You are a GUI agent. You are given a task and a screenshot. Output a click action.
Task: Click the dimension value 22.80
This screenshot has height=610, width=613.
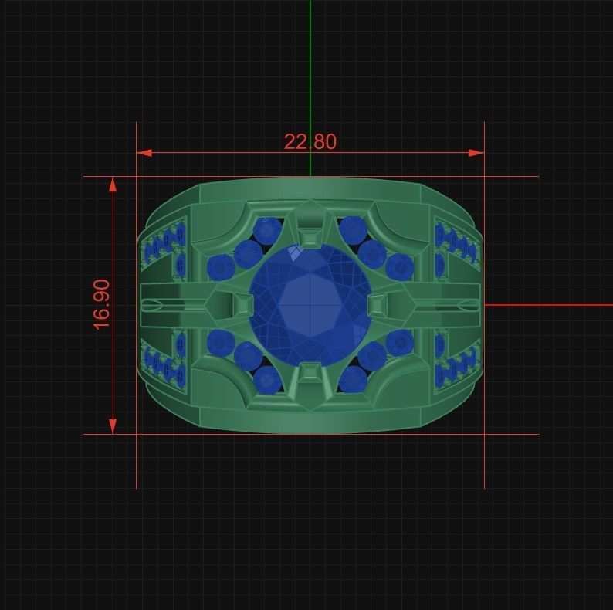[x=310, y=142]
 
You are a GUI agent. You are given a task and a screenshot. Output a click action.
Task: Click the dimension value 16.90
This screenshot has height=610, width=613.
[x=102, y=304]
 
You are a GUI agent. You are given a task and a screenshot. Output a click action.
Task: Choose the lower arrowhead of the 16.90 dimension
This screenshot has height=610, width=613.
[x=113, y=425]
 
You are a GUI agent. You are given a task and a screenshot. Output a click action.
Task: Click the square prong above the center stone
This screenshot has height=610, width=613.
[x=310, y=236]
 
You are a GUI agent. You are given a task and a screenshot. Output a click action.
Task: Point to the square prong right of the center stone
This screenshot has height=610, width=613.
[x=378, y=305]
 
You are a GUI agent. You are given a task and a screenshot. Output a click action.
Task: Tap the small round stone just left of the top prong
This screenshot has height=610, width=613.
[x=268, y=229]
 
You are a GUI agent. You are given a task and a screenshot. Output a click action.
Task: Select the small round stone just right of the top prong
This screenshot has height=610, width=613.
[x=353, y=229]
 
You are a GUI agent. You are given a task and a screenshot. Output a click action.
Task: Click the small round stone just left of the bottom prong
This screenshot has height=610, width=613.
[x=267, y=379]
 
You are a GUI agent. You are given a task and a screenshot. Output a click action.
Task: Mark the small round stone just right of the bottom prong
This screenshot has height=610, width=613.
[x=353, y=379]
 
